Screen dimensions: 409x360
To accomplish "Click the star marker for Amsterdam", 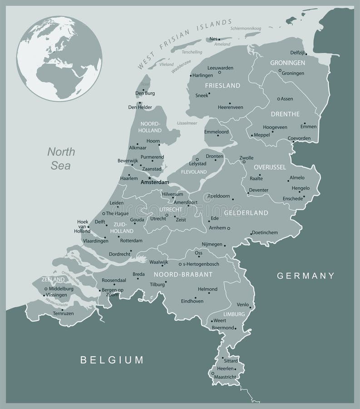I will [x=149, y=178].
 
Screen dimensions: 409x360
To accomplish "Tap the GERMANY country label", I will [x=306, y=275].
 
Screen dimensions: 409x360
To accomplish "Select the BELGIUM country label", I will [x=112, y=360].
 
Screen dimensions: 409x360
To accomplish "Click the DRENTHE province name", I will [x=285, y=114].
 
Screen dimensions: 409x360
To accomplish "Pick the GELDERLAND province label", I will [x=246, y=213].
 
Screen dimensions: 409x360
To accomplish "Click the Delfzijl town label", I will [x=298, y=53].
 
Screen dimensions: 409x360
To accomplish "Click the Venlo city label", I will [x=244, y=304].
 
